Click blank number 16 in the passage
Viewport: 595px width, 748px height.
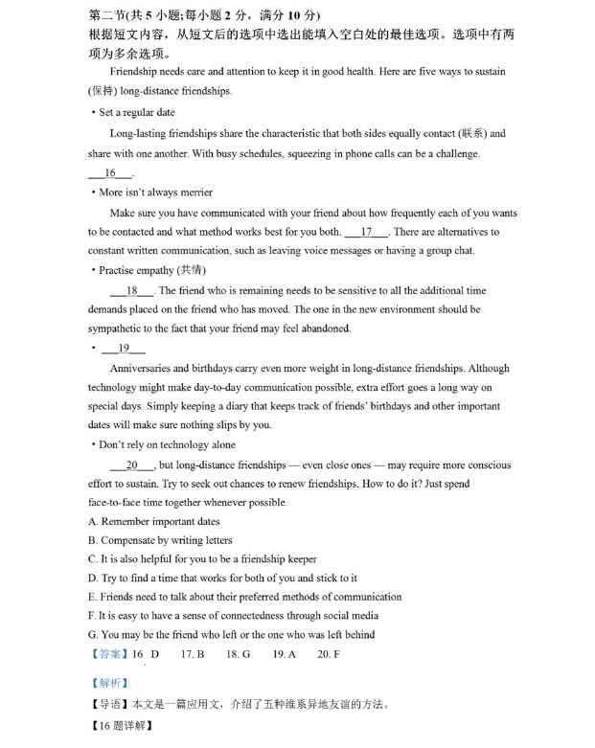pos(110,173)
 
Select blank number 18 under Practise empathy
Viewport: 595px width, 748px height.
pos(131,290)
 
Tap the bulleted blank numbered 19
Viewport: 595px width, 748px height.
pos(124,349)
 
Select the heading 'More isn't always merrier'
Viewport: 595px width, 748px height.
pos(155,193)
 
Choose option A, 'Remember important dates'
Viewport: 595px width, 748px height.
pos(154,522)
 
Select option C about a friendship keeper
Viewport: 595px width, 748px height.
pos(202,559)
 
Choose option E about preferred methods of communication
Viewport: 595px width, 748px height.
pos(244,597)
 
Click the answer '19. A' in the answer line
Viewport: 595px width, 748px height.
pos(285,654)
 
